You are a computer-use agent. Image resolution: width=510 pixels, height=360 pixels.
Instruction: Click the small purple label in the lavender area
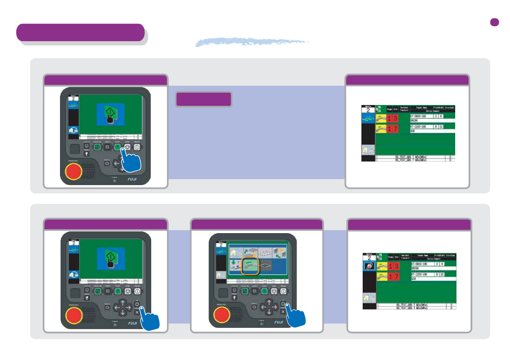(x=204, y=99)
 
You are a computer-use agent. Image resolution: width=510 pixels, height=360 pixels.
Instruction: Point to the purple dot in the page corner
(x=495, y=22)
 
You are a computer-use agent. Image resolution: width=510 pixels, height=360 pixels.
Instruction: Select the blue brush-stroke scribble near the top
(x=253, y=42)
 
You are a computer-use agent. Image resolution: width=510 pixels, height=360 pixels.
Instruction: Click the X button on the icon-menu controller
(x=283, y=312)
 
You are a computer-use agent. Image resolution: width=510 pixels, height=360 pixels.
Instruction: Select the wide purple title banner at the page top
(x=81, y=33)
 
